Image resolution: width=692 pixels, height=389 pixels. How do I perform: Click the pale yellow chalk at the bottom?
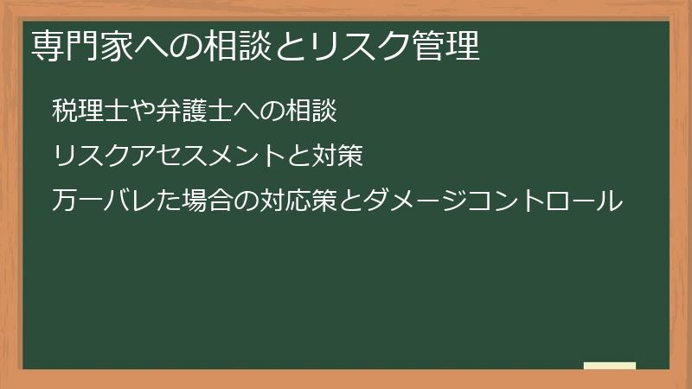[610, 366]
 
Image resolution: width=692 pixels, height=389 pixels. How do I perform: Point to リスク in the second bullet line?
[90, 157]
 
